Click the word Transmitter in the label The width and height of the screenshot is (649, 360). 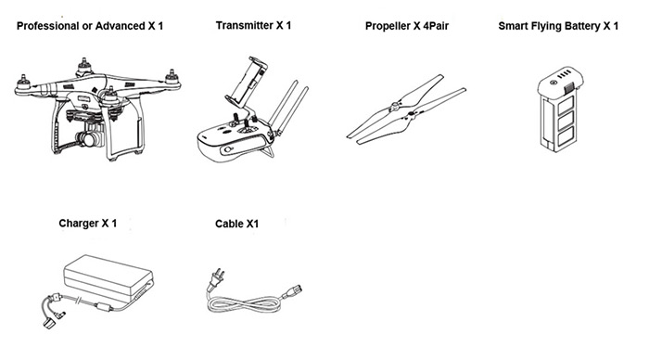coord(244,25)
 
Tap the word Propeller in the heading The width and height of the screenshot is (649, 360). coord(388,26)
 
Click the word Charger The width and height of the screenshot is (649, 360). coord(79,224)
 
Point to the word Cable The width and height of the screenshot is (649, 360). coord(229,224)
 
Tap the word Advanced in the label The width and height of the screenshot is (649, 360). coord(120,26)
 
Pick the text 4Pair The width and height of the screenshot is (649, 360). coord(436,26)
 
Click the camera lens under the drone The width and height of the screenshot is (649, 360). coord(84,139)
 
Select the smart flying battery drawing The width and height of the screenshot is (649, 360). coord(561,109)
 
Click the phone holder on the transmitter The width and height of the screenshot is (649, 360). coord(248,81)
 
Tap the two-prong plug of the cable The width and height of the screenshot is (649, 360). coord(216,278)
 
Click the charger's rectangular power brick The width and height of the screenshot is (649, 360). coord(108,276)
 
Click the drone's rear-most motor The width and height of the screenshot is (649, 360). coord(84,66)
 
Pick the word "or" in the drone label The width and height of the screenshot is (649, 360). coord(87,27)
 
